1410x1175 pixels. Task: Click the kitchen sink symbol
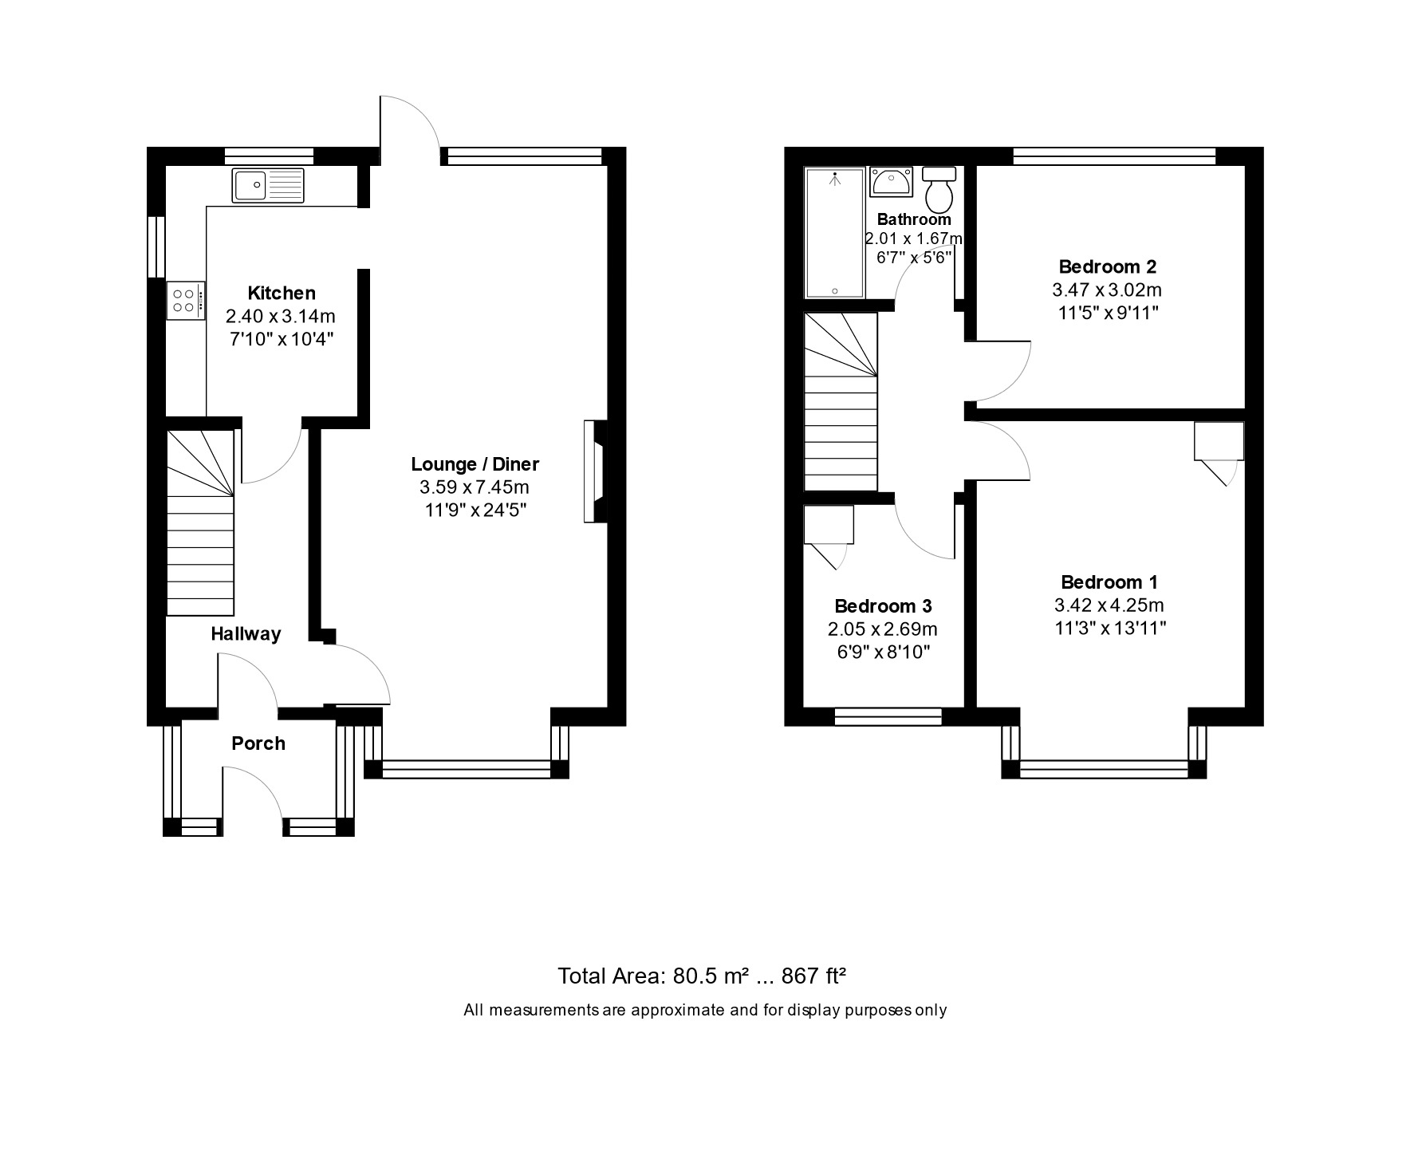coord(268,185)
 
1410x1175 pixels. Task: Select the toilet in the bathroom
coord(939,188)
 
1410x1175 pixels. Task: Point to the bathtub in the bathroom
coord(834,232)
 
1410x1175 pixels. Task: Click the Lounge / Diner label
coord(475,464)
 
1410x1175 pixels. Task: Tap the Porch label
coord(258,743)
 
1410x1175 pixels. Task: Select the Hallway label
coord(246,634)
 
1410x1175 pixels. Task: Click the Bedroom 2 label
coord(1107,266)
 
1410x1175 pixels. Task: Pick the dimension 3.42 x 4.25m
coord(1109,605)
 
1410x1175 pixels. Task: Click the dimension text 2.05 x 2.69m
coord(882,629)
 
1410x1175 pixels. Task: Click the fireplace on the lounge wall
coord(595,471)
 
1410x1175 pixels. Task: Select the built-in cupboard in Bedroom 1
coord(1218,441)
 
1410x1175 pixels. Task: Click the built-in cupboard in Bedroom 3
coord(828,526)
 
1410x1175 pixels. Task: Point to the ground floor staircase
coord(201,522)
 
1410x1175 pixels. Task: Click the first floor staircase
coord(840,402)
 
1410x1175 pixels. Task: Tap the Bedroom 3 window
coord(888,716)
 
